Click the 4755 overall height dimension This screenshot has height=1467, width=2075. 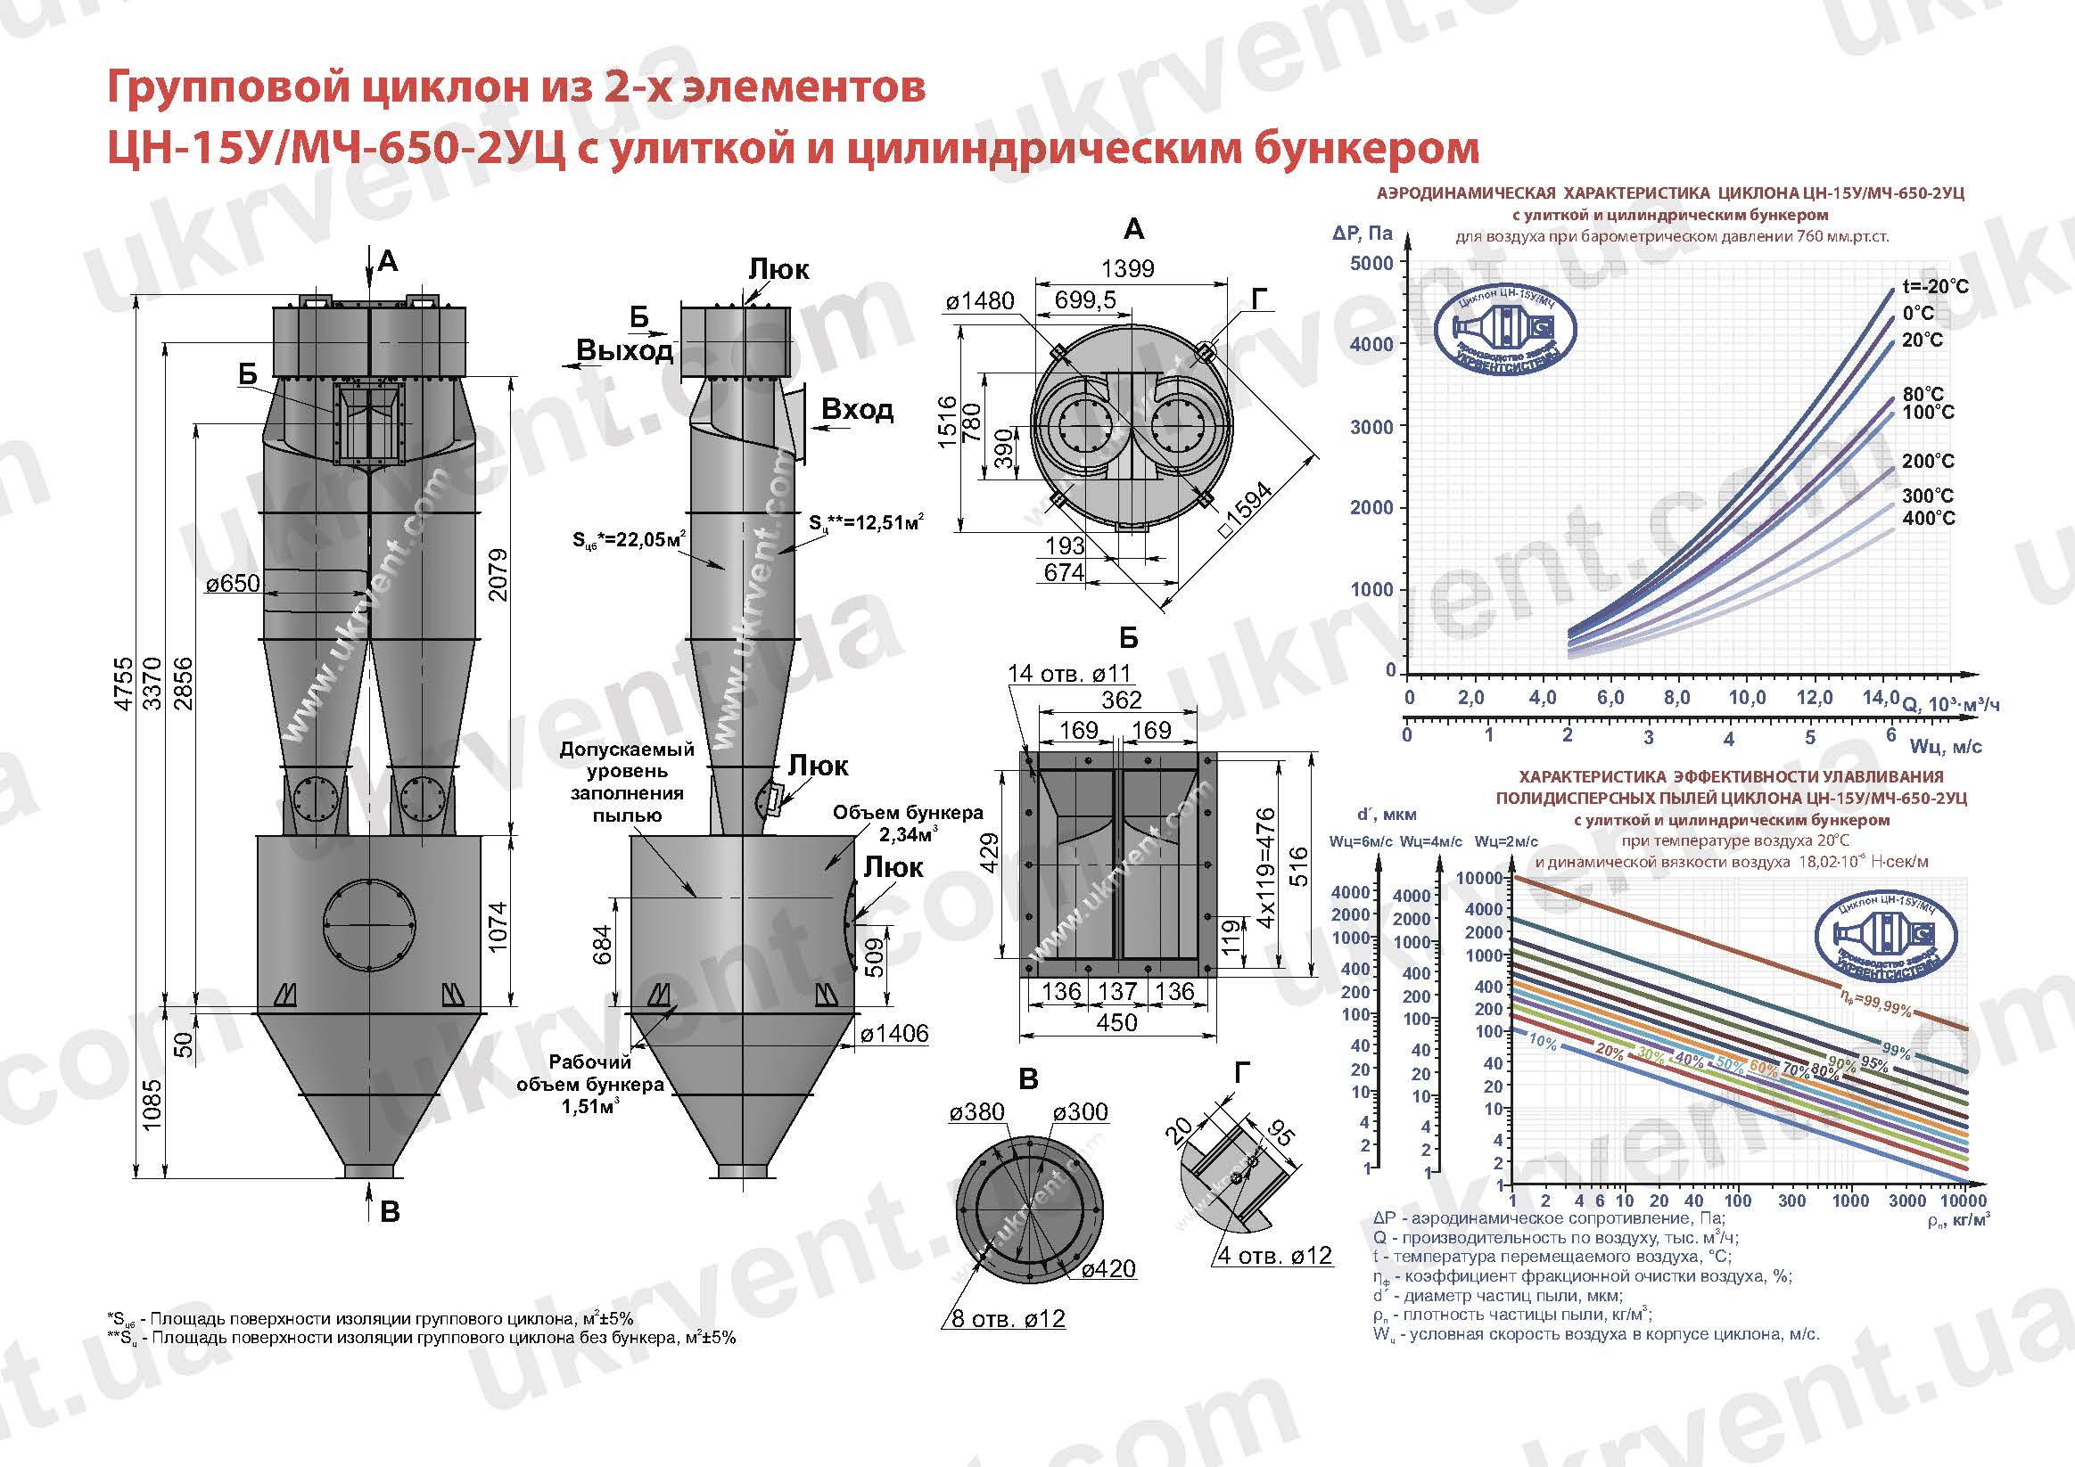[x=124, y=684]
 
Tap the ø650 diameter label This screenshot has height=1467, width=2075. [x=232, y=584]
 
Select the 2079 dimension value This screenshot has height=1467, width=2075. [x=498, y=575]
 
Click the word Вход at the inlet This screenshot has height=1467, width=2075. [x=857, y=409]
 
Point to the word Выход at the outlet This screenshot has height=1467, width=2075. [x=624, y=350]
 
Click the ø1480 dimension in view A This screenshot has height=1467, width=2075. [x=981, y=301]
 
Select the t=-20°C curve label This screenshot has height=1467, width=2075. [x=1935, y=286]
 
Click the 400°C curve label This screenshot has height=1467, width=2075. [x=1928, y=519]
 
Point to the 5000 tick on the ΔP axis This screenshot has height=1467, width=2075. [x=1371, y=264]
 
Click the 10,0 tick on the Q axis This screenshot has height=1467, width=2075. [x=1747, y=697]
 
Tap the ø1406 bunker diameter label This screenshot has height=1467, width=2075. [x=893, y=1033]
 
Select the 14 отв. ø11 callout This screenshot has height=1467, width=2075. [x=1069, y=673]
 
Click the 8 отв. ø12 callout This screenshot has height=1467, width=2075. [x=1008, y=1319]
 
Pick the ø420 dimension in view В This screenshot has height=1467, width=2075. [x=1108, y=1269]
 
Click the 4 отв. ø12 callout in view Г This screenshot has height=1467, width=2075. [x=1274, y=1256]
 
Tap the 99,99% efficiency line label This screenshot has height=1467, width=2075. [x=1875, y=1004]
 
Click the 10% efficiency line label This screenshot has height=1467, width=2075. [x=1543, y=1044]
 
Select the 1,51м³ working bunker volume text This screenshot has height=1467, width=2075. [x=589, y=1106]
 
